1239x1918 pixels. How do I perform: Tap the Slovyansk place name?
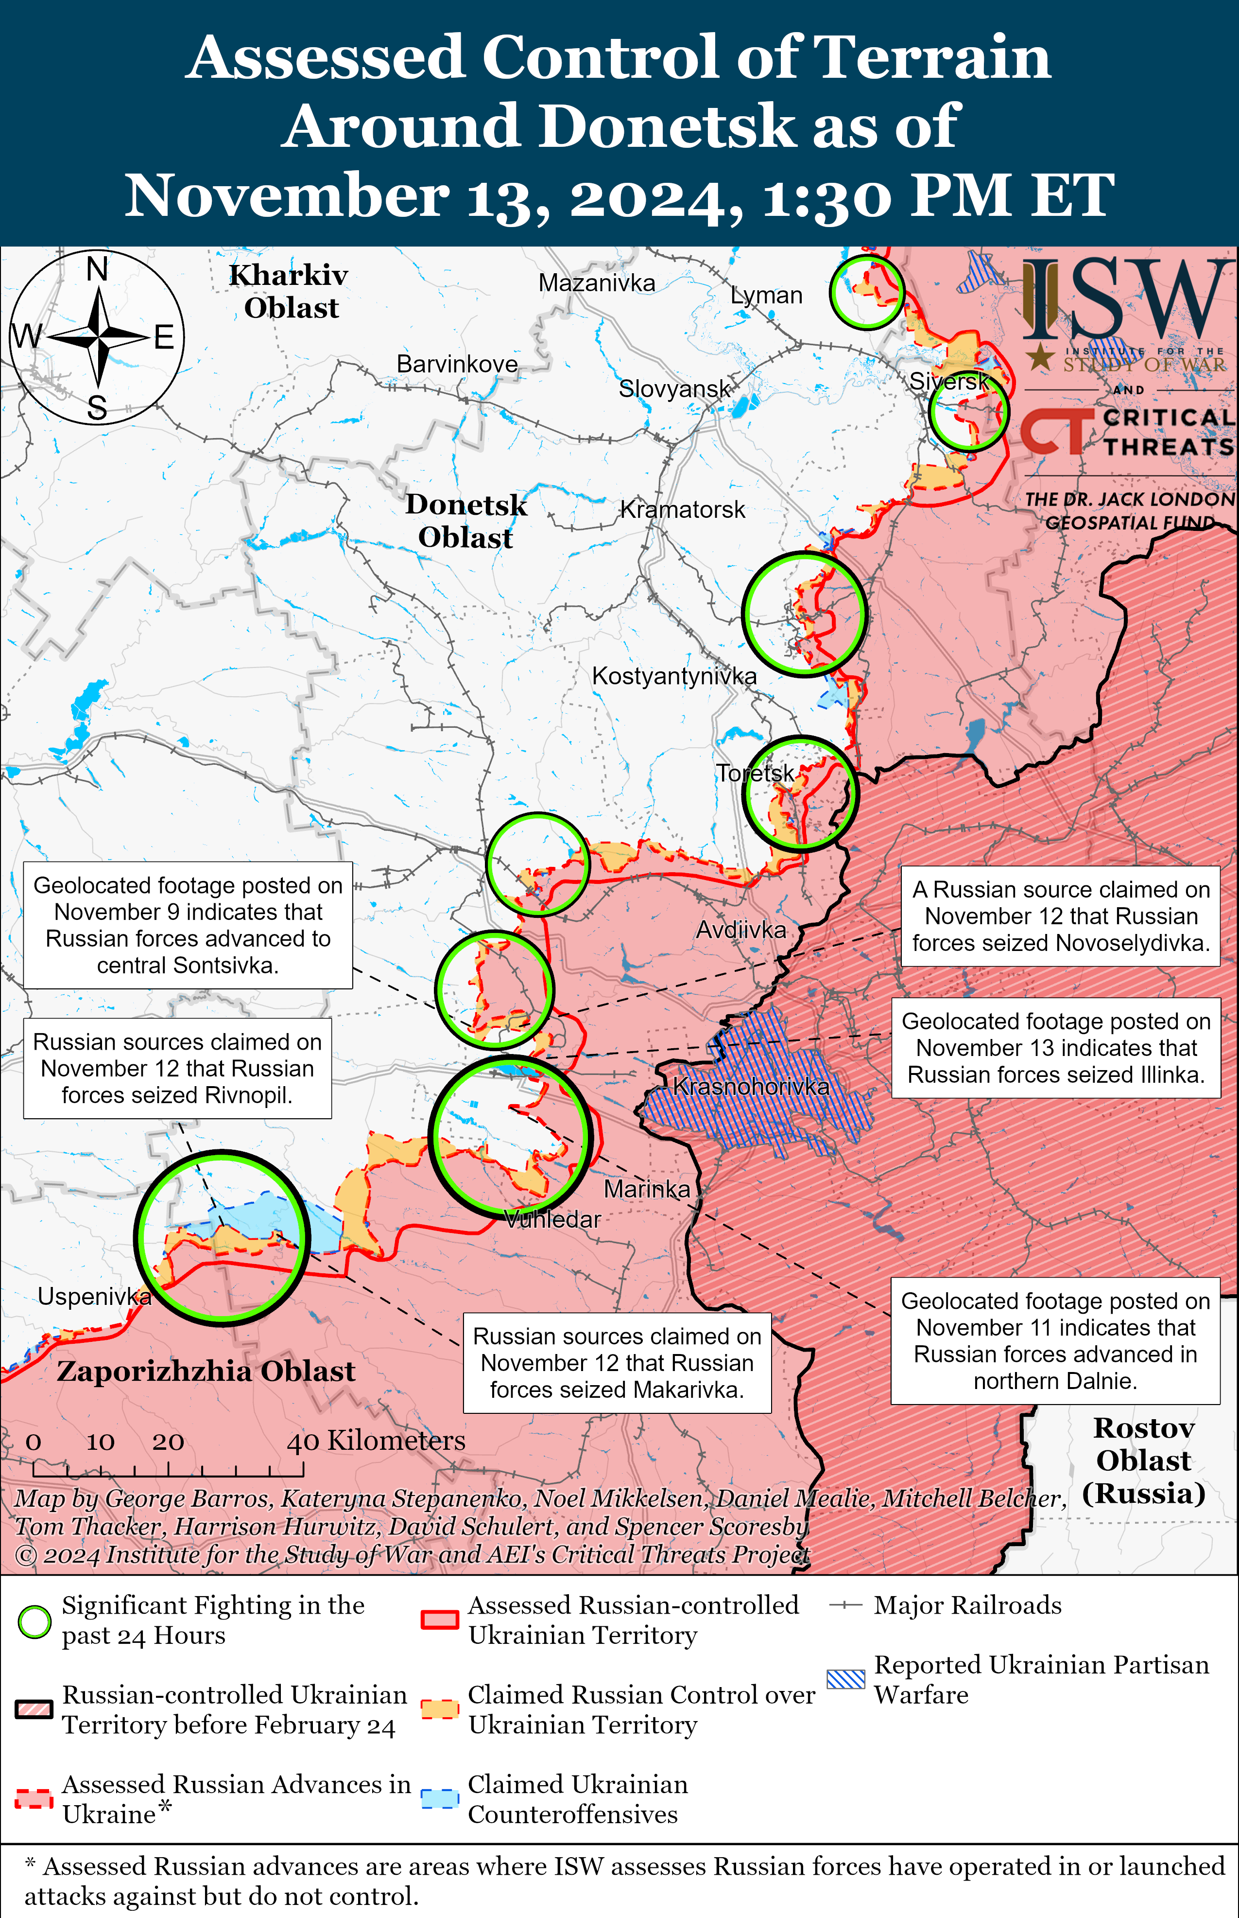(x=674, y=389)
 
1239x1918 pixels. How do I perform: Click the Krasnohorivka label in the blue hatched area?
(x=751, y=1087)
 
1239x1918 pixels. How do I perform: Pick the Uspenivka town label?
(x=94, y=1297)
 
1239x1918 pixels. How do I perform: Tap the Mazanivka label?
(x=596, y=283)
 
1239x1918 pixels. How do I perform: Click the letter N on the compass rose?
(x=97, y=269)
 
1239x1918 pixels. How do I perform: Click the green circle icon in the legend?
(x=34, y=1622)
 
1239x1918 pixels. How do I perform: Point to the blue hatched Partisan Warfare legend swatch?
(x=845, y=1679)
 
